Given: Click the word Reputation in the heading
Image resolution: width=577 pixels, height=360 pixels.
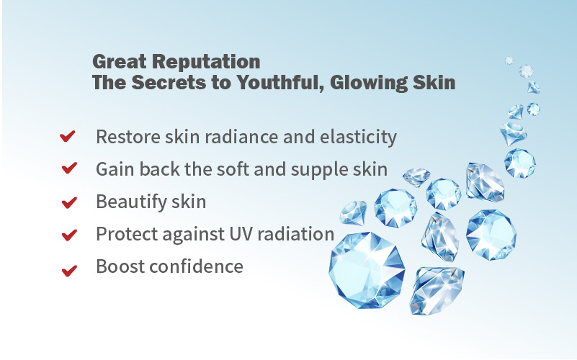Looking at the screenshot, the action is coord(206,61).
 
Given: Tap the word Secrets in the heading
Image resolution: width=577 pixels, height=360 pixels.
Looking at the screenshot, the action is coord(169,82).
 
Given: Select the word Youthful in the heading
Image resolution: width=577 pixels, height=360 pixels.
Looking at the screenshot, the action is coord(281,82).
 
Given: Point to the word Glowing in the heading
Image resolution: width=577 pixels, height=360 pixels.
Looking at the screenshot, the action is coord(369,83).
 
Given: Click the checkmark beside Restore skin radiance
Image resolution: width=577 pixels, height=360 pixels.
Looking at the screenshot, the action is coord(67,136).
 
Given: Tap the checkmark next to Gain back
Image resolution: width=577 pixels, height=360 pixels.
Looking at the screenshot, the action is coord(69,168).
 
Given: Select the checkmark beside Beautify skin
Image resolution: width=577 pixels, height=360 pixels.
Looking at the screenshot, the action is coord(69,202).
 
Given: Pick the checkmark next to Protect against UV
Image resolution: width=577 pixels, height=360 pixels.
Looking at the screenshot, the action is coord(69,235).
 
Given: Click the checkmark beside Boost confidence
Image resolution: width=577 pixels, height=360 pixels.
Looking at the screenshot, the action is coord(69,271).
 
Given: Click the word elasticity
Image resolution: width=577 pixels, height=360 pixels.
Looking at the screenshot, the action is coord(359,138).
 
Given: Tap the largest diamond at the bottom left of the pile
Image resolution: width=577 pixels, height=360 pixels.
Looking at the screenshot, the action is coord(367,270).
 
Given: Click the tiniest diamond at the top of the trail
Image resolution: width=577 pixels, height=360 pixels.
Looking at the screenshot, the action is coord(509,60).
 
